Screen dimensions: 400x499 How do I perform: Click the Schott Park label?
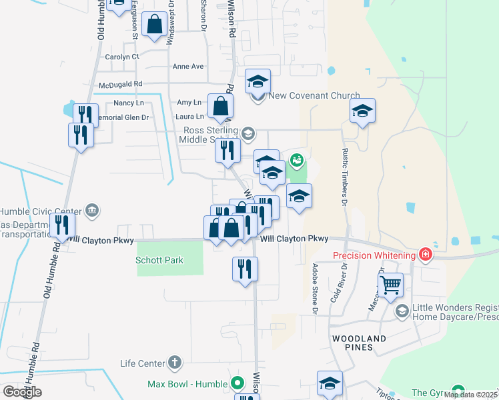(x=159, y=261)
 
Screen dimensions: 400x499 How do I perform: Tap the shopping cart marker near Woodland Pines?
(x=390, y=285)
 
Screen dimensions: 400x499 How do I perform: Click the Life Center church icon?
(x=174, y=363)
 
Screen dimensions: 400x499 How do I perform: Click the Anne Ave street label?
(x=188, y=67)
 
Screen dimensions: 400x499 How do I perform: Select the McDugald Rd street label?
(x=120, y=84)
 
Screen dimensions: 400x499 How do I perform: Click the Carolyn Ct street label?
(x=121, y=57)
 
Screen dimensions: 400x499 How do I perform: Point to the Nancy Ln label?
(x=129, y=103)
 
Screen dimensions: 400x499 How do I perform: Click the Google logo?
(x=22, y=391)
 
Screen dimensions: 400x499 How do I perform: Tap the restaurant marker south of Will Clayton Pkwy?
(x=245, y=268)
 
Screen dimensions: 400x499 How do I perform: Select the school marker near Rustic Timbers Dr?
(x=362, y=110)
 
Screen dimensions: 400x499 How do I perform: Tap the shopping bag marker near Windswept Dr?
(x=155, y=24)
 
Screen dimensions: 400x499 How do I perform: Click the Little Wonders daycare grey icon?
(x=402, y=311)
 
